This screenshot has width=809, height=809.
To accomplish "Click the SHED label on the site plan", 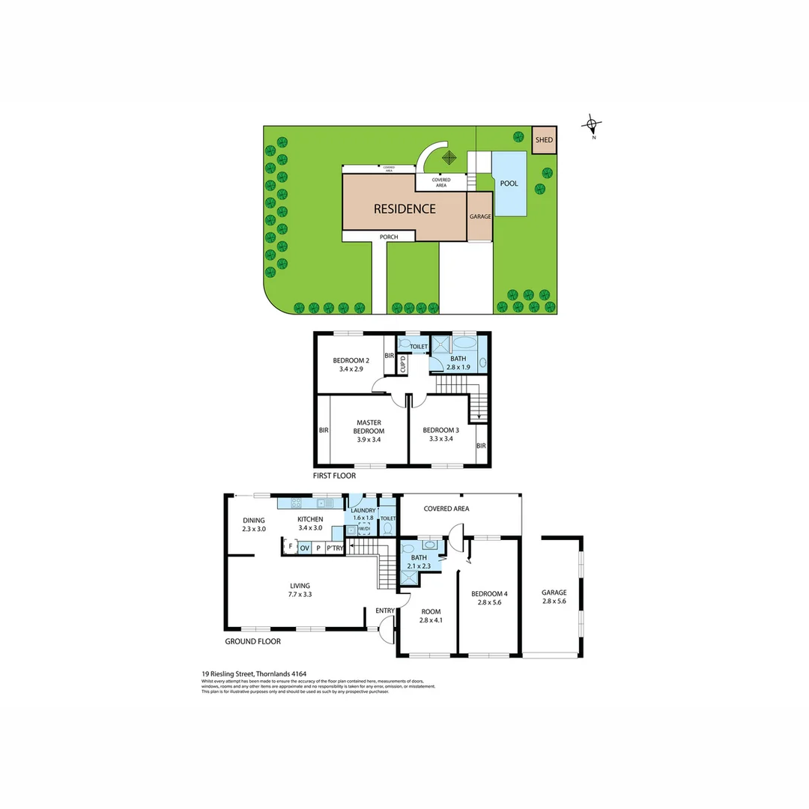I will coord(544,140).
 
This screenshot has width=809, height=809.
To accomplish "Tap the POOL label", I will coord(509,184).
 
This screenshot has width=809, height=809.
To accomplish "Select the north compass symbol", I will coord(593,126).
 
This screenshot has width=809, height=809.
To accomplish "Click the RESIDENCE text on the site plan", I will coord(404,209).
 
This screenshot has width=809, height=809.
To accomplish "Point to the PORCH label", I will coord(388,237).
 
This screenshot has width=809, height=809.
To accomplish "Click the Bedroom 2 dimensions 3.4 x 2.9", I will coord(351,370).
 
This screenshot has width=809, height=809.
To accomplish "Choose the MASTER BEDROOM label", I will coord(370,427).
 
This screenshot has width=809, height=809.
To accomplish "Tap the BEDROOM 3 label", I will coord(440,430).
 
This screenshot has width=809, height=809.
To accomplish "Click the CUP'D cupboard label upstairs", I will coord(403,365).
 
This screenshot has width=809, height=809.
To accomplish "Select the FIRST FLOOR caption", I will coord(334,476).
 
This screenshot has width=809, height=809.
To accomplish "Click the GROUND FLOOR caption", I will coord(252,642).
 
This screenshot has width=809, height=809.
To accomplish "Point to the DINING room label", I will coord(254,520).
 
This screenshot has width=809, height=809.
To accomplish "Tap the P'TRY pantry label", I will coord(335,548).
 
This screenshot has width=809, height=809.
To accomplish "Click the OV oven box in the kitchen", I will coord(305,548).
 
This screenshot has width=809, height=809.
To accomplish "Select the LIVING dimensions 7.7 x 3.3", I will coord(300,595).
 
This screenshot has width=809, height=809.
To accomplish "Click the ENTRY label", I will coord(385,611).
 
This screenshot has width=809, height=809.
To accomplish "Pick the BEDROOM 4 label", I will coord(489,594).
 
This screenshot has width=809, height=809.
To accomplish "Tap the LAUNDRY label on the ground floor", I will coord(363,511).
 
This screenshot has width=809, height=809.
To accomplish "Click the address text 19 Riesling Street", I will coord(254,673).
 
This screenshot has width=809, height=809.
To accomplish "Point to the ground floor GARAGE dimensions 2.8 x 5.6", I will coord(554,602).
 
